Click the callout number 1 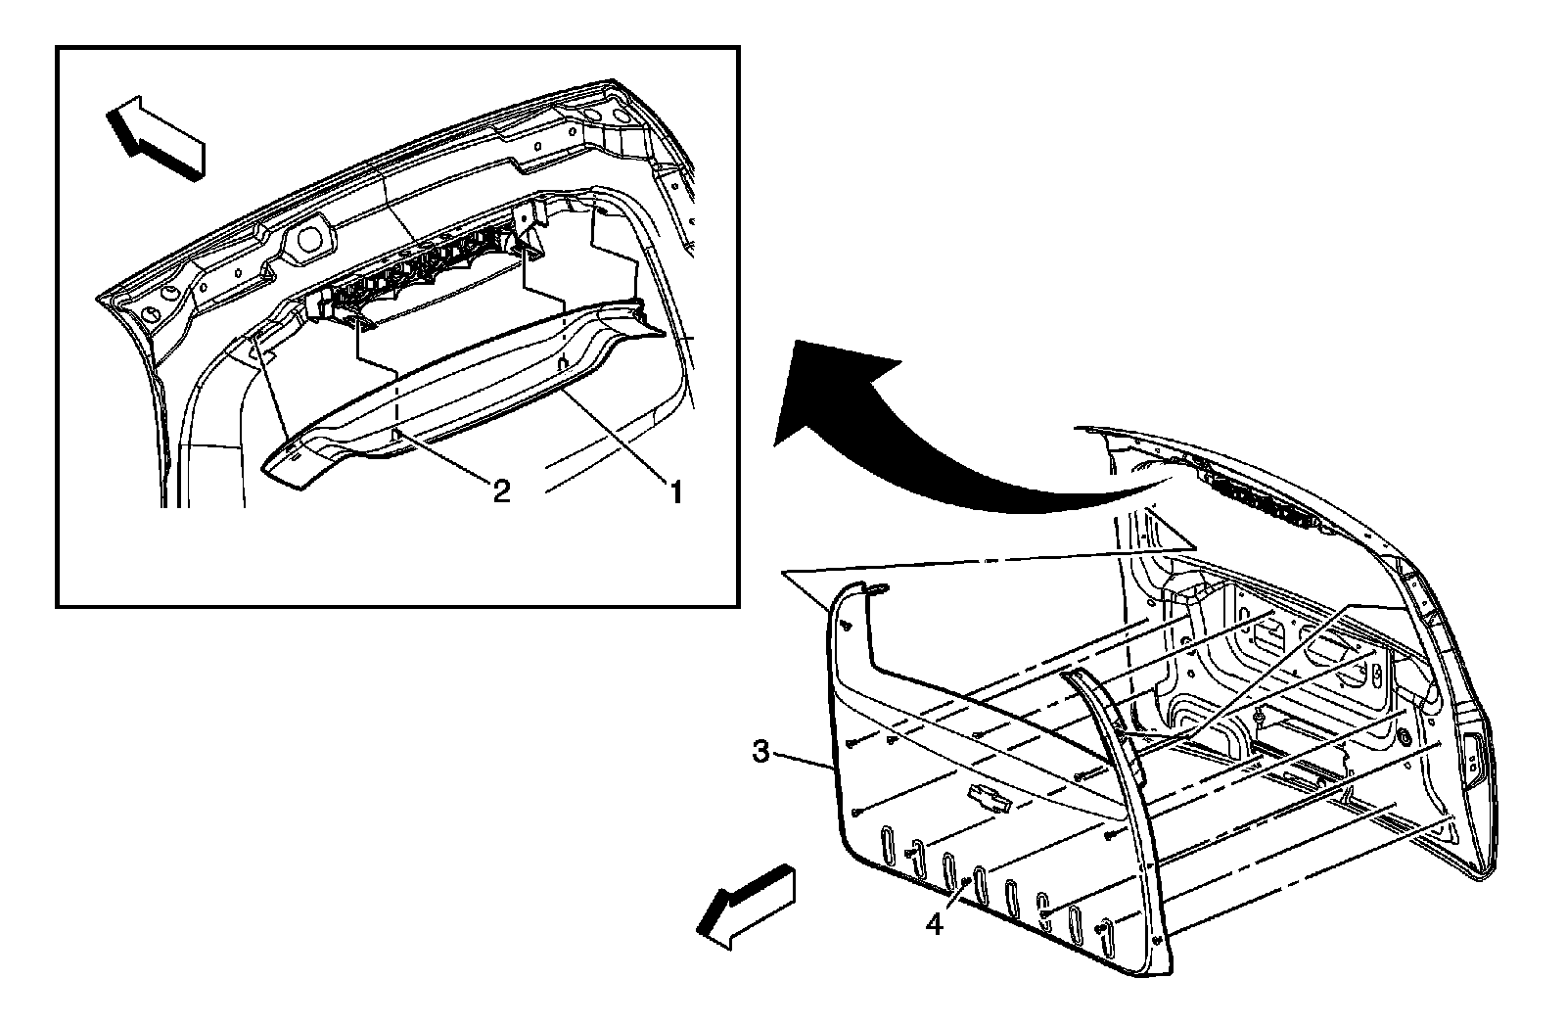673,489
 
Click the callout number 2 500,490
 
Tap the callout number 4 935,923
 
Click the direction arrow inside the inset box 157,138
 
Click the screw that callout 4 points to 967,883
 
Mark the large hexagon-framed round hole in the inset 310,239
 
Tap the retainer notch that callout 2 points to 396,431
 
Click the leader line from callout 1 617,436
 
